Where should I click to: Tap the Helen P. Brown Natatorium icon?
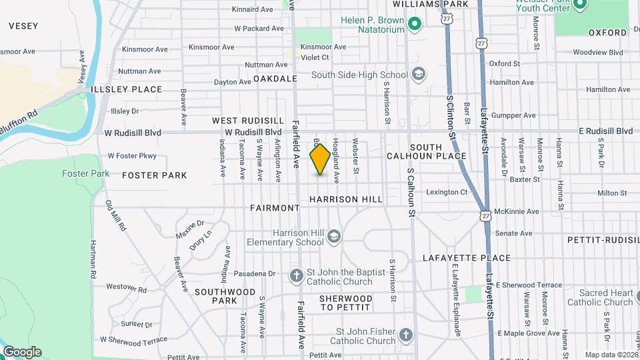[415, 25]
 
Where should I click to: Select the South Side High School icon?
[419, 73]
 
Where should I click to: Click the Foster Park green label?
[85, 173]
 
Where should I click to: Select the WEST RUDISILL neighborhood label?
[248, 121]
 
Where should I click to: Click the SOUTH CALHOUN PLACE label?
[427, 151]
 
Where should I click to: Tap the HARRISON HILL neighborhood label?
[346, 199]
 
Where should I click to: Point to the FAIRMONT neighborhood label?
[275, 208]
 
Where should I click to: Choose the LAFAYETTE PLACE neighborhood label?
[467, 258]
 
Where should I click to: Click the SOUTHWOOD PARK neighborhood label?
[225, 296]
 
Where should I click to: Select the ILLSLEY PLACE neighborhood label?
[136, 89]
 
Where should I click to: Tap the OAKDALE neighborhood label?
[275, 79]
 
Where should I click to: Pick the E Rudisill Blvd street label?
[605, 131]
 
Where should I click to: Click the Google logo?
[21, 351]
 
